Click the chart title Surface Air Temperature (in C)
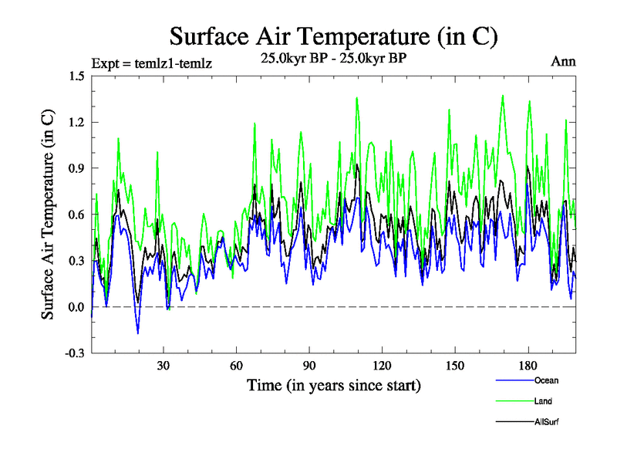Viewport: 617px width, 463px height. (x=333, y=36)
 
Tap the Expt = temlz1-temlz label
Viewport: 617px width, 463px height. (x=151, y=63)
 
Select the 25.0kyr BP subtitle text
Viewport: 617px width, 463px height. (x=333, y=58)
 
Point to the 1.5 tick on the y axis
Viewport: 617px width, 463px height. (x=76, y=76)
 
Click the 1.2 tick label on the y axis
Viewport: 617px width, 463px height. (x=76, y=122)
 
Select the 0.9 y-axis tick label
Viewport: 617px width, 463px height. (x=76, y=168)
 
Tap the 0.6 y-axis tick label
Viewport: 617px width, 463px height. (x=76, y=215)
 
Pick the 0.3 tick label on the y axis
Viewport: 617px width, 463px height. (x=76, y=261)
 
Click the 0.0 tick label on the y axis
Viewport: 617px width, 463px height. (x=76, y=307)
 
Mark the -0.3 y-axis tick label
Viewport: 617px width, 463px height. (x=74, y=353)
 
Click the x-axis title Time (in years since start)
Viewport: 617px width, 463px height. (x=333, y=384)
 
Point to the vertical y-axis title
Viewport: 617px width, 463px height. (x=48, y=215)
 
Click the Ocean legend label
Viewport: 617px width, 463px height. (x=545, y=380)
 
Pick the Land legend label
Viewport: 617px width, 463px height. (x=543, y=401)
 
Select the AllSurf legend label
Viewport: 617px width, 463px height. (x=545, y=422)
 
